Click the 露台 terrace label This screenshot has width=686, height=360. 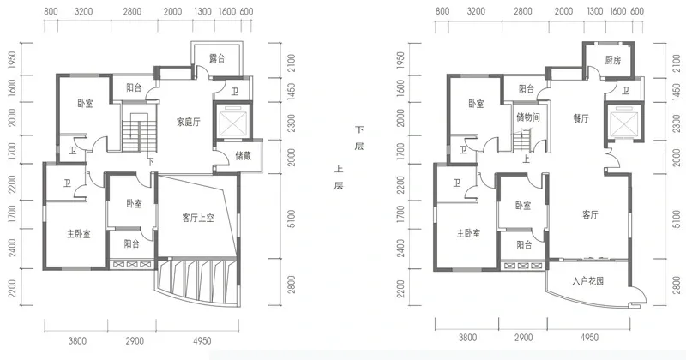coord(217,57)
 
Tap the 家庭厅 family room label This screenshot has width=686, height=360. coord(188,122)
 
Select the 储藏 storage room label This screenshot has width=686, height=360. coord(243,155)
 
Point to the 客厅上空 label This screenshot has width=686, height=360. coord(198,218)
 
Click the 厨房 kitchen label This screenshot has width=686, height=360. coord(613,60)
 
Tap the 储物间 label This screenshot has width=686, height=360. coord(528,117)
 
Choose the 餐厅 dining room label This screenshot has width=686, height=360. coord(581,118)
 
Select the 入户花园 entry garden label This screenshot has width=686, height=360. coord(587,281)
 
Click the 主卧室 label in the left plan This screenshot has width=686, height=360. coord(79,234)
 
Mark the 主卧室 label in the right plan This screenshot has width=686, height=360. coord(468,233)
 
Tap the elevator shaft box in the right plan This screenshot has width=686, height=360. coord(623,121)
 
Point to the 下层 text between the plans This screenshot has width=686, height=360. coord(359,138)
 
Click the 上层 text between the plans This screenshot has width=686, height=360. coord(339,177)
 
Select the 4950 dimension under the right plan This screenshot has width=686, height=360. coord(589,337)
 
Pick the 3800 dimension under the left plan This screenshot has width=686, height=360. coord(77,340)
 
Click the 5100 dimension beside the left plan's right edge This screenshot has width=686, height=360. coord(292,219)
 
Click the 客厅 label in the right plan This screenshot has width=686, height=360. coord(590,215)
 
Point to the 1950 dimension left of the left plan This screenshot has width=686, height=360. coord(12,60)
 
